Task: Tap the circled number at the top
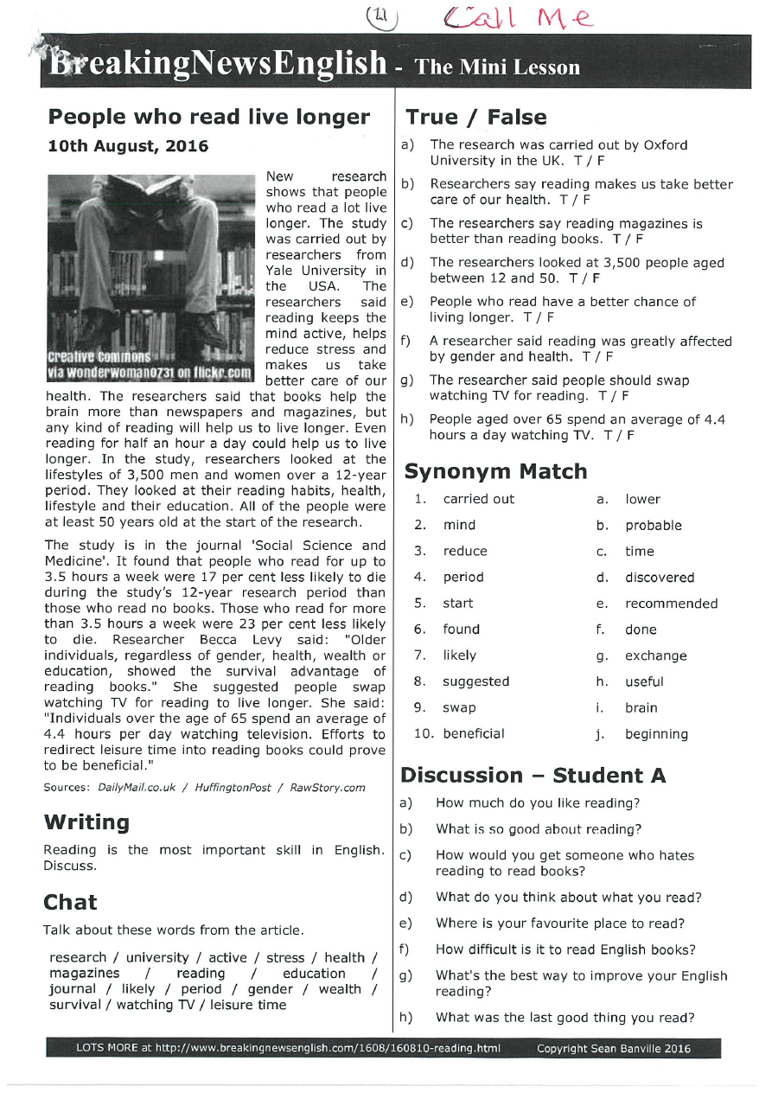(x=380, y=15)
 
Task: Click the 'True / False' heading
(x=476, y=118)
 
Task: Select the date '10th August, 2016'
(x=128, y=146)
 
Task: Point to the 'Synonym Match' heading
(x=495, y=471)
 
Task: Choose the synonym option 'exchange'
(x=656, y=656)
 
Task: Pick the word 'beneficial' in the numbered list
(x=474, y=734)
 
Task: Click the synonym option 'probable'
(x=654, y=526)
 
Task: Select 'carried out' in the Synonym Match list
(x=478, y=499)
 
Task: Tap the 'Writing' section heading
(x=86, y=822)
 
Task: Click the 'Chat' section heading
(x=70, y=903)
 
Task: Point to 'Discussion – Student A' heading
(x=533, y=775)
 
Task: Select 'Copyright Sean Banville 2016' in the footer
(x=613, y=1049)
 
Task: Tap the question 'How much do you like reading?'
(x=538, y=803)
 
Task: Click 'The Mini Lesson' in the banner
(x=497, y=67)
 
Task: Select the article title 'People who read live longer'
(x=209, y=118)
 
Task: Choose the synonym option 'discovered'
(x=660, y=578)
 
